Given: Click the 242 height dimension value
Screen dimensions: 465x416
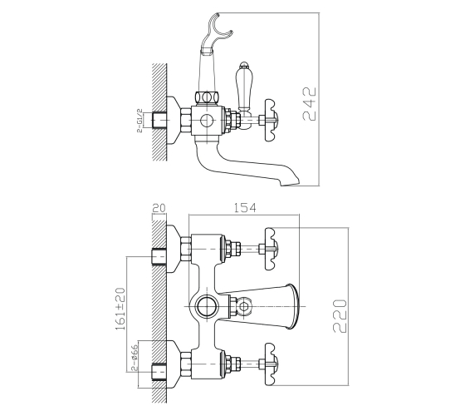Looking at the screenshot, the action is tap(309, 104).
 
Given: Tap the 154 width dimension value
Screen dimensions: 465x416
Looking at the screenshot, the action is tap(245, 208).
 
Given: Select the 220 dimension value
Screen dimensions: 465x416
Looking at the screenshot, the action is tap(340, 316).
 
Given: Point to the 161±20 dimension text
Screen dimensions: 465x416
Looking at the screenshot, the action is tap(120, 309).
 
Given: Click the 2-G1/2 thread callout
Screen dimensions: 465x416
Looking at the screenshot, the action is tap(139, 121).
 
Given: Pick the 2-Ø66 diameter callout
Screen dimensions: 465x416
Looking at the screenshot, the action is tap(135, 358).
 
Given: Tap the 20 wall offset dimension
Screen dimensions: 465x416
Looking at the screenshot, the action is tap(159, 208).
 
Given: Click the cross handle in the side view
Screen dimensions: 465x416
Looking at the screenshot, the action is tap(272, 121).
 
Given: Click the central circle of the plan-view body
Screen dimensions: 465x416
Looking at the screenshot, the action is tap(207, 306).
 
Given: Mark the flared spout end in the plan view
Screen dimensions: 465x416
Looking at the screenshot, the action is tap(292, 306).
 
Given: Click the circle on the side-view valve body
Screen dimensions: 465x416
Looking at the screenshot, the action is tap(207, 121).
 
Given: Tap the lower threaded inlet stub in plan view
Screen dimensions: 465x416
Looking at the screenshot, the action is tap(159, 372).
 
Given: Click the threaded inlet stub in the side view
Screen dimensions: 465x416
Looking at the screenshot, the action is tap(159, 121).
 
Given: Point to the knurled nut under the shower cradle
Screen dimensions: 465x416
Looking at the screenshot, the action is tap(207, 97).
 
